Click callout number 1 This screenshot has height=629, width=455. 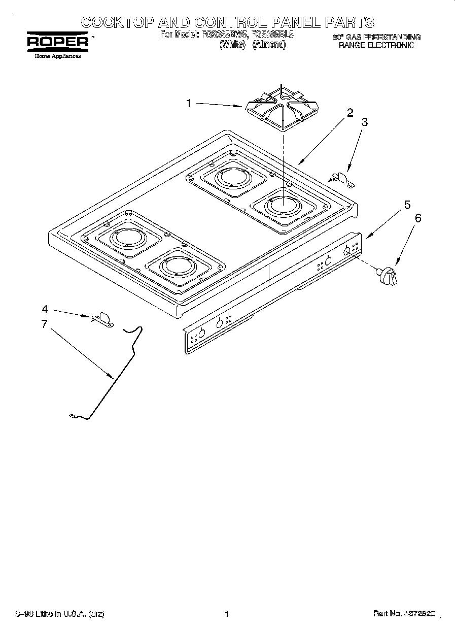coord(188,104)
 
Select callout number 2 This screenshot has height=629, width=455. coord(349,113)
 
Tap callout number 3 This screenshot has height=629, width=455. coord(364,122)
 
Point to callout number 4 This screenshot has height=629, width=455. coord(45,309)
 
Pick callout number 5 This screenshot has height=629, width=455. coord(407,205)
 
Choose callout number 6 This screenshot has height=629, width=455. coord(418,218)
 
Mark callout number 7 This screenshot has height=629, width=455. coord(45,324)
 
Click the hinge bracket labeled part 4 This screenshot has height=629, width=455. coord(102,318)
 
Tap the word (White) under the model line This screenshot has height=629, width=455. coord(232,45)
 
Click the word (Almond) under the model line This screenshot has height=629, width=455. coord(269,45)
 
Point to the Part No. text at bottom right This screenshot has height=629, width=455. coord(404,614)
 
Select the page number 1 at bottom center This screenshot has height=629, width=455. coord(227,614)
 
